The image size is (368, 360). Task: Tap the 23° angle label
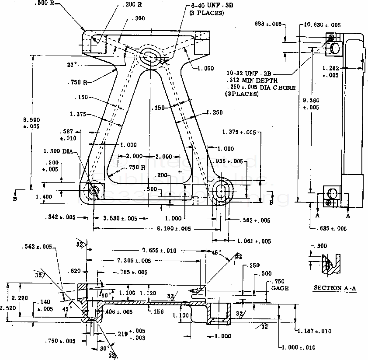coord(72,64)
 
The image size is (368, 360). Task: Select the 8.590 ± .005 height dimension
coord(31,122)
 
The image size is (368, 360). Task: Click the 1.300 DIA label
coord(59,151)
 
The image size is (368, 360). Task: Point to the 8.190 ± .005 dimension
coord(174,228)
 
